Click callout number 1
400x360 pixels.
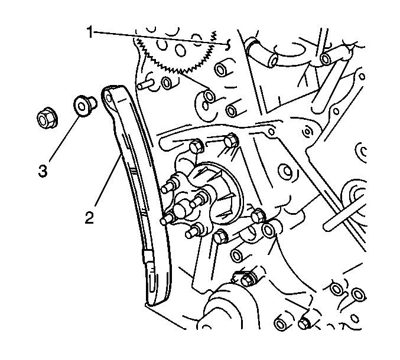click(x=90, y=32)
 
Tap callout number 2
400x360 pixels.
click(x=90, y=218)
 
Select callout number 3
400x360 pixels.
click(x=43, y=171)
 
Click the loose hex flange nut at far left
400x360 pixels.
click(x=47, y=118)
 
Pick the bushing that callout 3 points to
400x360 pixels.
click(x=84, y=106)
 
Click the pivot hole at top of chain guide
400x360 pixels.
click(x=109, y=98)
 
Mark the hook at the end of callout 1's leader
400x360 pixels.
click(x=228, y=45)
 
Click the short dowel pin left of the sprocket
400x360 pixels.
click(x=145, y=84)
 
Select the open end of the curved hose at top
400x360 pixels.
click(x=274, y=60)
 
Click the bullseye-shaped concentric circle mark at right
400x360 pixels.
click(x=307, y=132)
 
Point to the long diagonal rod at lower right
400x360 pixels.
click(x=344, y=210)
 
